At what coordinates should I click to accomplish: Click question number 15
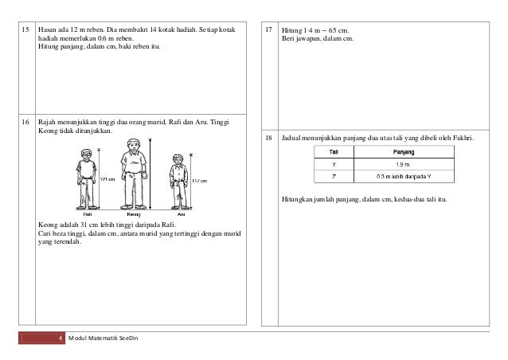coord(25,29)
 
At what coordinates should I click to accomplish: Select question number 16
coord(25,123)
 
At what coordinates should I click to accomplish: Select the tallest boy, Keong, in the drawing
coord(132,174)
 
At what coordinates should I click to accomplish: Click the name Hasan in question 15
coord(49,29)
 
